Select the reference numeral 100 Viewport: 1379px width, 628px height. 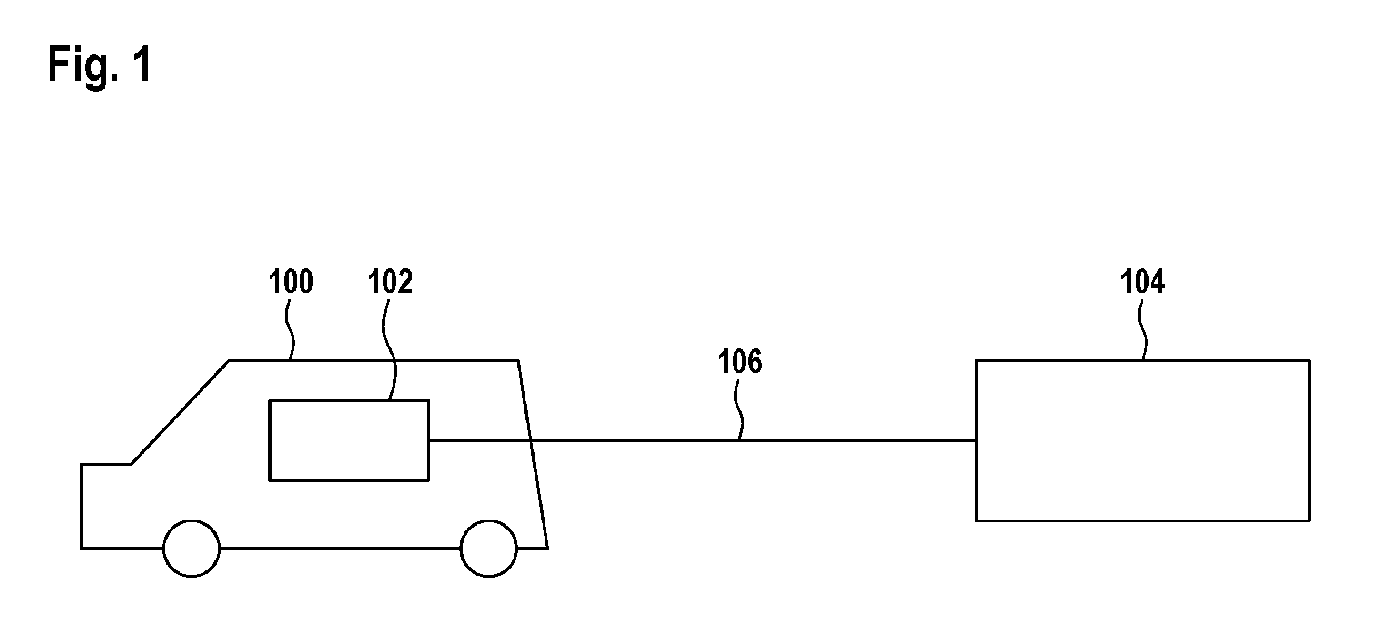coord(291,282)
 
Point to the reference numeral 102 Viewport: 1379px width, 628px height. coord(390,282)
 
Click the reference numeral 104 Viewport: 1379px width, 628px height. coord(1142,282)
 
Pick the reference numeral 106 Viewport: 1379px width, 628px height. coord(740,362)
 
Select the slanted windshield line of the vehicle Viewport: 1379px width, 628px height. coord(180,412)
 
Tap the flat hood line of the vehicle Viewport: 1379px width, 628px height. coord(106,465)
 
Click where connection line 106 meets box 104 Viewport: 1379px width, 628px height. coord(976,440)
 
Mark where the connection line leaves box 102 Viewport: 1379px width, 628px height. coord(429,440)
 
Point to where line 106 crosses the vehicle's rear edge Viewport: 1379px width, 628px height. coord(531,440)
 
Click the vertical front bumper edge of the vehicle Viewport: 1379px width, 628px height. coord(82,506)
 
